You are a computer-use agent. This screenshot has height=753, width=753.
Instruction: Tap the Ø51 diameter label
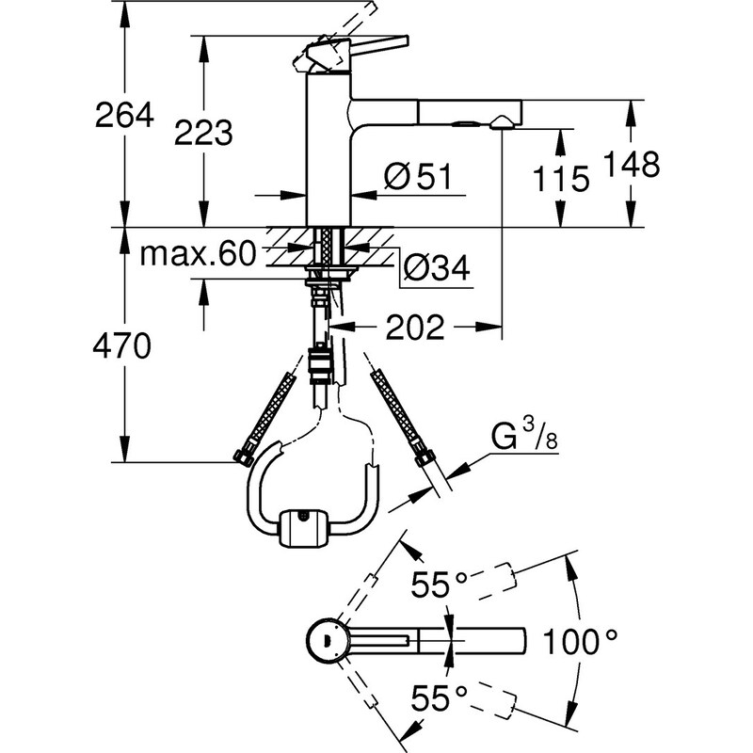tap(420, 174)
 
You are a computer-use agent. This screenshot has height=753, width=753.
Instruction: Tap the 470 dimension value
tap(123, 347)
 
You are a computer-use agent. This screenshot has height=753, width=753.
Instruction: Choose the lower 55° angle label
tap(439, 697)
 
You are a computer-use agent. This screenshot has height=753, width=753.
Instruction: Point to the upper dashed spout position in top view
tap(489, 576)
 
